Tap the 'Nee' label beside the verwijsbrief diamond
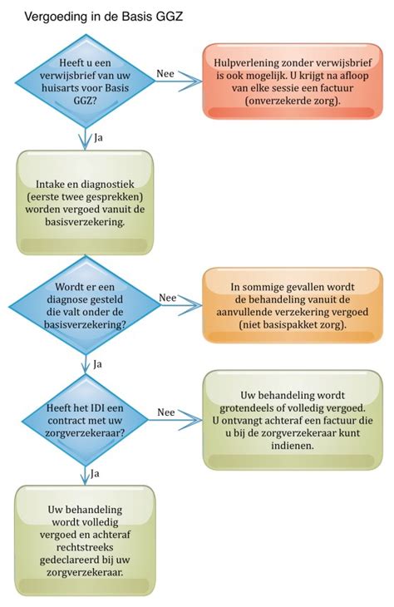[165, 73]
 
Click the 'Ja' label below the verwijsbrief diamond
[98, 136]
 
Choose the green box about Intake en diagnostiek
[85, 203]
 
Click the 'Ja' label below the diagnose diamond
[98, 363]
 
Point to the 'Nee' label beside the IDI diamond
[165, 412]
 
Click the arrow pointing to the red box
[179, 81]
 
